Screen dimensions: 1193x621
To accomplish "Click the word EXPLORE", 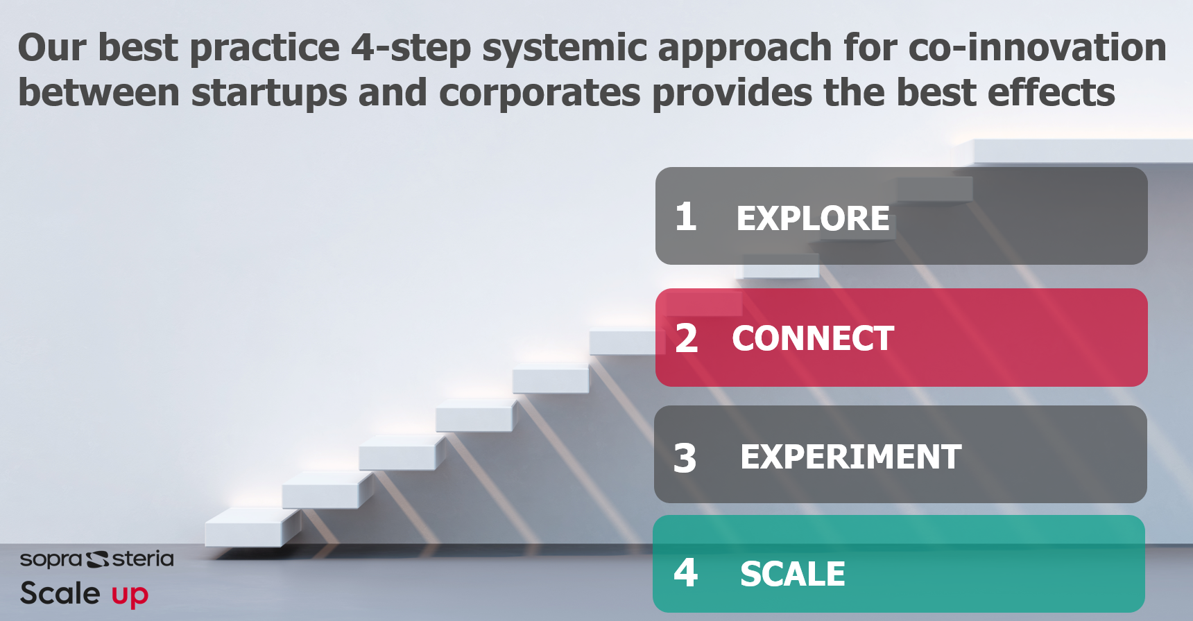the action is (813, 218).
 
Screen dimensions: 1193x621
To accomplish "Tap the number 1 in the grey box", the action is (685, 216).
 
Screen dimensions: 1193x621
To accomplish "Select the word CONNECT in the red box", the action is (813, 338).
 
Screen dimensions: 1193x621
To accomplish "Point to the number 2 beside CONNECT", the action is (686, 338).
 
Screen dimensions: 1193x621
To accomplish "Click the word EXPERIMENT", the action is (851, 457).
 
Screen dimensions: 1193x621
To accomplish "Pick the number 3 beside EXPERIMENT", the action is (685, 458).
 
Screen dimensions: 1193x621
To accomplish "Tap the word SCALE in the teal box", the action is (793, 574).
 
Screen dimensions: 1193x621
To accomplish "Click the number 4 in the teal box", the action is (686, 572).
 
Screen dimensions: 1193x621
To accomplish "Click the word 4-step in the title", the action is (411, 49).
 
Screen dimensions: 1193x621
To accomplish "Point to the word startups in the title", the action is (269, 94).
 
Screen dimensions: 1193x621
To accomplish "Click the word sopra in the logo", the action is (51, 559).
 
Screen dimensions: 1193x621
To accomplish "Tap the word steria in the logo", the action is (143, 558).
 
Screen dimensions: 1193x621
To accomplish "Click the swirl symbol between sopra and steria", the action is (97, 559).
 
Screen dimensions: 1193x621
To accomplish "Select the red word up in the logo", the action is (130, 595).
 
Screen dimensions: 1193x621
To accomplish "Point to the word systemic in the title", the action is (565, 49).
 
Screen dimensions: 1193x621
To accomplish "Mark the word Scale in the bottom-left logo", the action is (60, 593).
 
